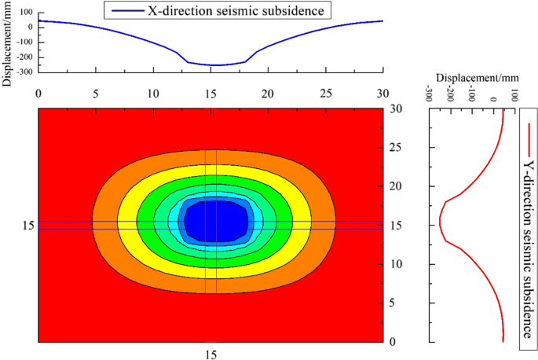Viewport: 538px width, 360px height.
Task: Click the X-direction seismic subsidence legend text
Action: point(235,11)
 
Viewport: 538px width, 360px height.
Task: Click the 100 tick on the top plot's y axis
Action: point(25,13)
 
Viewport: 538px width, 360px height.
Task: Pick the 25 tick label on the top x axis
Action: point(325,93)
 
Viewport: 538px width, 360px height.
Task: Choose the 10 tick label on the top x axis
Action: point(153,93)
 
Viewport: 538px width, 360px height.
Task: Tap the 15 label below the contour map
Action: point(210,355)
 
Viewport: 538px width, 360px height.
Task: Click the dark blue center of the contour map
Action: point(214,221)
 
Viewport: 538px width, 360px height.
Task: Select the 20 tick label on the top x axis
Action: point(268,93)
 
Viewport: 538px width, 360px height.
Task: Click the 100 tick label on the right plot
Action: point(514,95)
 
